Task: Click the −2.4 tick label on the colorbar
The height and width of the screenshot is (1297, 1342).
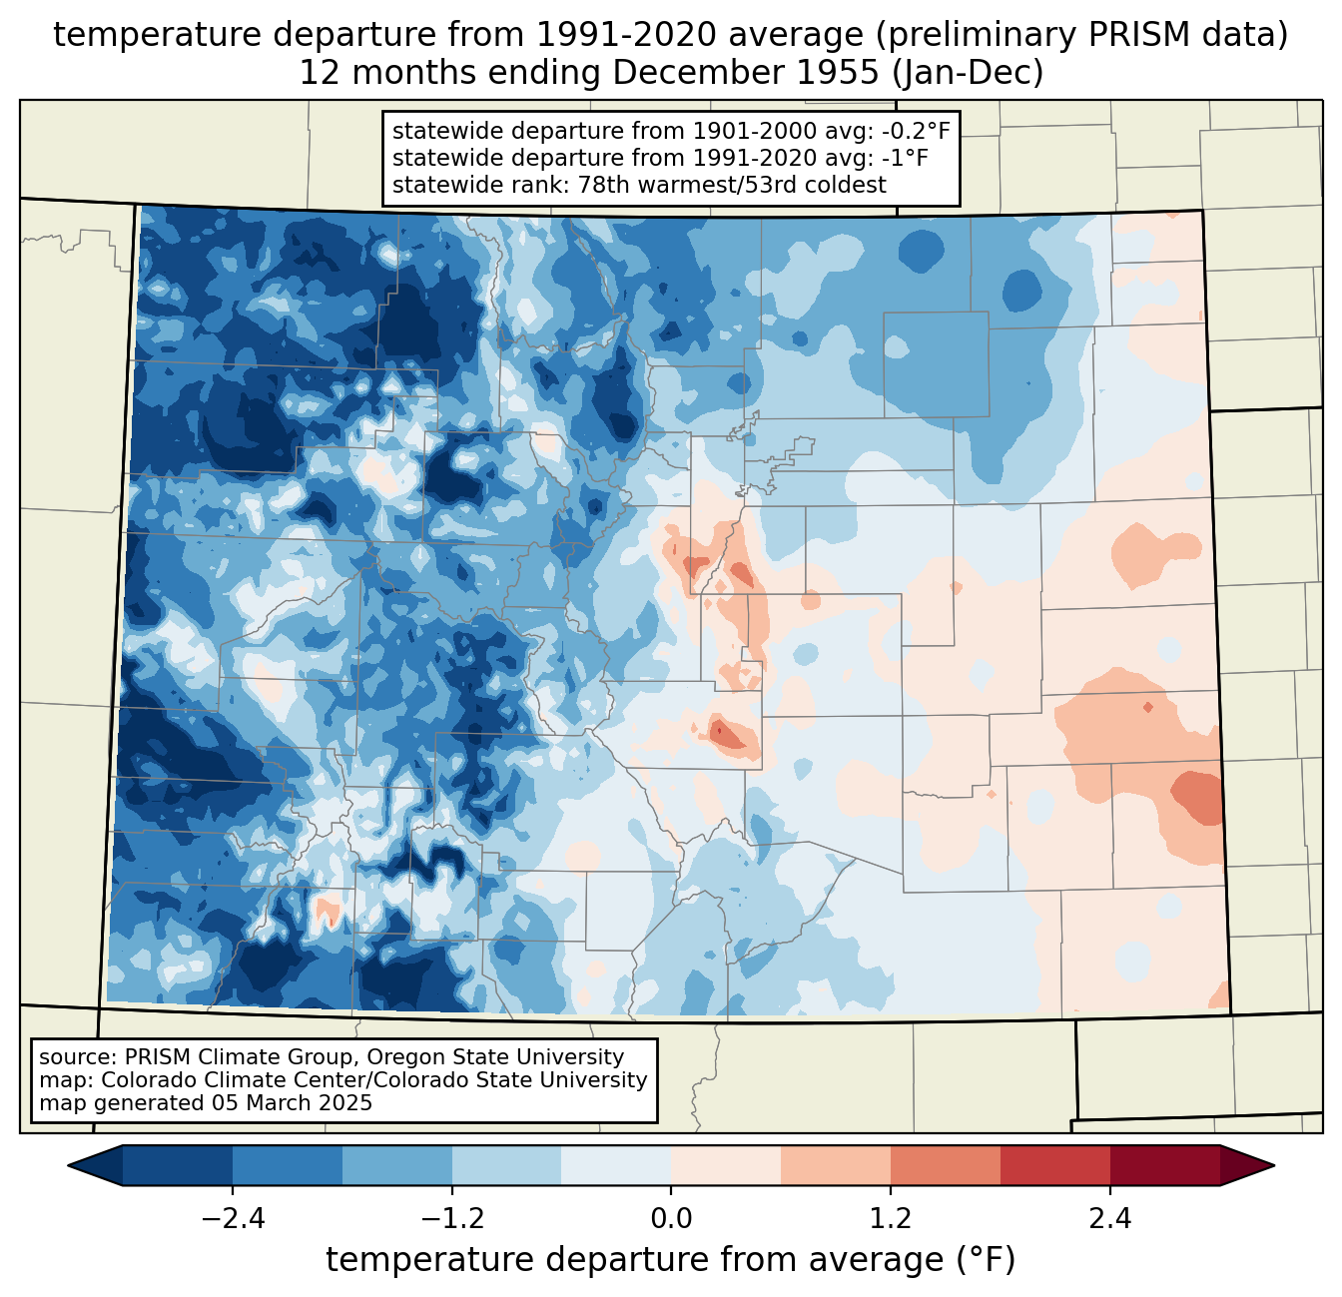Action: [x=233, y=1219]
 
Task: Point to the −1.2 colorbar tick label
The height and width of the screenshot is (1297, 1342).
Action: [x=452, y=1219]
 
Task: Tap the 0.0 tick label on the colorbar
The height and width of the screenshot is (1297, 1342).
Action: [x=671, y=1219]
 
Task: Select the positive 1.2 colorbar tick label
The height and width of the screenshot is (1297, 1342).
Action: [x=891, y=1219]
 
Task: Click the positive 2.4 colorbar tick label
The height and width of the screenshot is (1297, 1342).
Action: [x=1110, y=1219]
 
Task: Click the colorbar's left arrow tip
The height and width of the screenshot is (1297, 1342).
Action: [x=68, y=1165]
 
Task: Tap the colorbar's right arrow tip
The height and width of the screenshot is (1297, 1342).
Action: [x=1274, y=1165]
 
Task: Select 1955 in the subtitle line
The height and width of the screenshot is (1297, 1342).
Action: [x=837, y=73]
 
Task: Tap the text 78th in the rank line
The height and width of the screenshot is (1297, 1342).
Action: [x=601, y=185]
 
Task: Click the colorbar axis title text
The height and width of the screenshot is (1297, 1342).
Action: [x=671, y=1259]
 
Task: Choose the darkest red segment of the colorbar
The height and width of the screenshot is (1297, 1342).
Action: [x=1165, y=1165]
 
